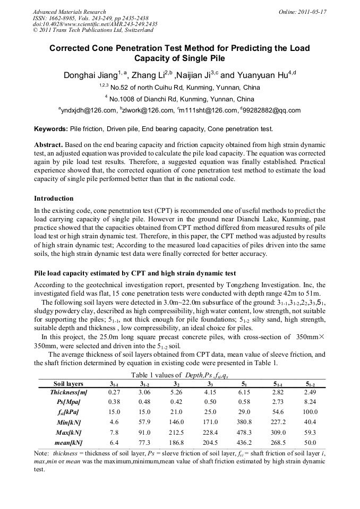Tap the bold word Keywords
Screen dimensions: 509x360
50,129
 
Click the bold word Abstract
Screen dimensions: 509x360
48,145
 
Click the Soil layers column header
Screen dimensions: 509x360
68,383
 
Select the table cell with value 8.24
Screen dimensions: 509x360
310,402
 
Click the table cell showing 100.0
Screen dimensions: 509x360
310,412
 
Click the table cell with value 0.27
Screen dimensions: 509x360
114,392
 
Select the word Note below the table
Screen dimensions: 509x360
41,454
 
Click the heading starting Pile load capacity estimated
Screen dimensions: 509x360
135,273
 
